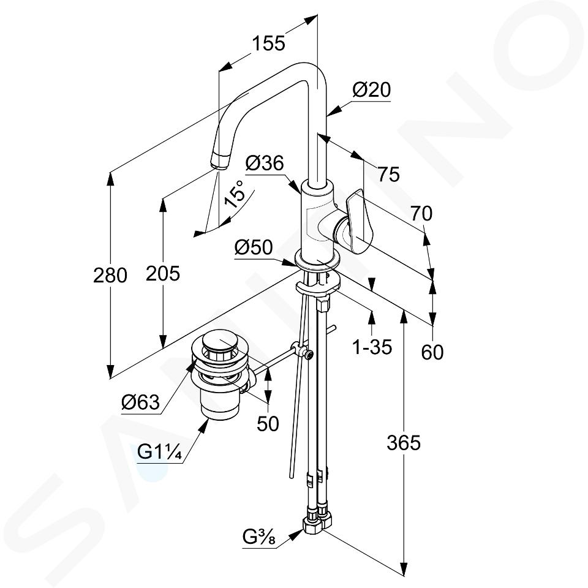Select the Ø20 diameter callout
371,90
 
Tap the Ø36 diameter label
264,164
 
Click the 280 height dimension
110,276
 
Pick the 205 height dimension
163,273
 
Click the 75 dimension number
388,175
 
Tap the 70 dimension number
421,214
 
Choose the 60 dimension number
432,352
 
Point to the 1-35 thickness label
372,347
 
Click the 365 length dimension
404,442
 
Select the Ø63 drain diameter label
140,402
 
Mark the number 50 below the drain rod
268,423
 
